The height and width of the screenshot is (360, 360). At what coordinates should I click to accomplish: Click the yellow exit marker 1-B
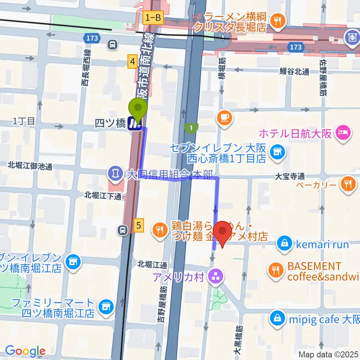click(x=153, y=17)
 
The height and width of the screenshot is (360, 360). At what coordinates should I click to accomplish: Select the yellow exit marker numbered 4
click(x=132, y=61)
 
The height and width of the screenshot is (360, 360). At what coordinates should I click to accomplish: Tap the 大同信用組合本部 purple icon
click(x=114, y=173)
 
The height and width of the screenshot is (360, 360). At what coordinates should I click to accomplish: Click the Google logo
click(x=25, y=351)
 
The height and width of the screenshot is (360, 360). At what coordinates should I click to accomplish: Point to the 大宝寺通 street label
click(x=289, y=175)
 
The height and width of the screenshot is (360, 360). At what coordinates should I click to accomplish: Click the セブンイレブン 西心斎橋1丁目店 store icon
click(x=277, y=152)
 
